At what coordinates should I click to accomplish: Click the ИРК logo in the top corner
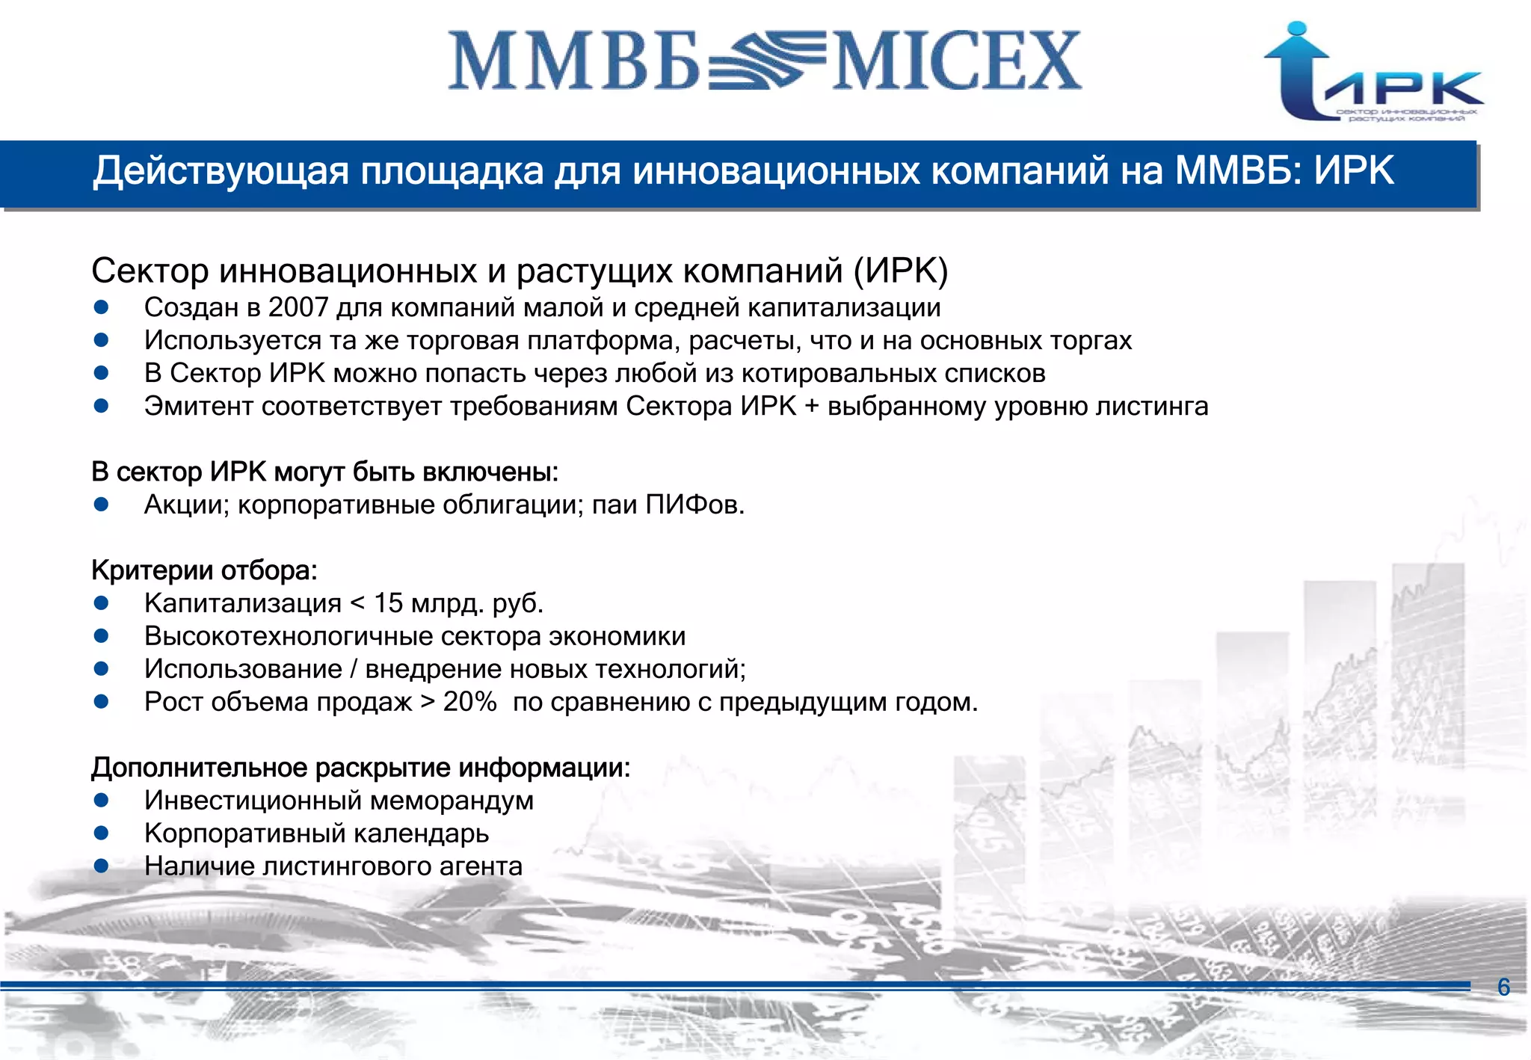tap(1373, 73)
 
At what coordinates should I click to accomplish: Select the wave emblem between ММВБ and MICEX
tap(765, 60)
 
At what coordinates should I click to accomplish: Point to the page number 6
tap(1503, 987)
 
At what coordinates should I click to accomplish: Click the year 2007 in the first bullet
tap(298, 307)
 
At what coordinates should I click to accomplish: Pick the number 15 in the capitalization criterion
tap(388, 603)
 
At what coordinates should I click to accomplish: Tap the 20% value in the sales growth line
tap(469, 702)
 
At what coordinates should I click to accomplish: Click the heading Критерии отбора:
tap(204, 570)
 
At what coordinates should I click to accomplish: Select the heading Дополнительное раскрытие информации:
tap(360, 768)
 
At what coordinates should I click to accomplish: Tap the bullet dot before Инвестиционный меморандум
tap(102, 801)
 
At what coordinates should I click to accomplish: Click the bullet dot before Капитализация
tap(102, 603)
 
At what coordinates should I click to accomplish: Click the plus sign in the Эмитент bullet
tap(812, 407)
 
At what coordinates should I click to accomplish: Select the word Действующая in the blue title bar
tap(221, 171)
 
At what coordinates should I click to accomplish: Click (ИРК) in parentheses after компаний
tap(901, 271)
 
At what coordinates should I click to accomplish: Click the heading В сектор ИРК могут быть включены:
tap(324, 472)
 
